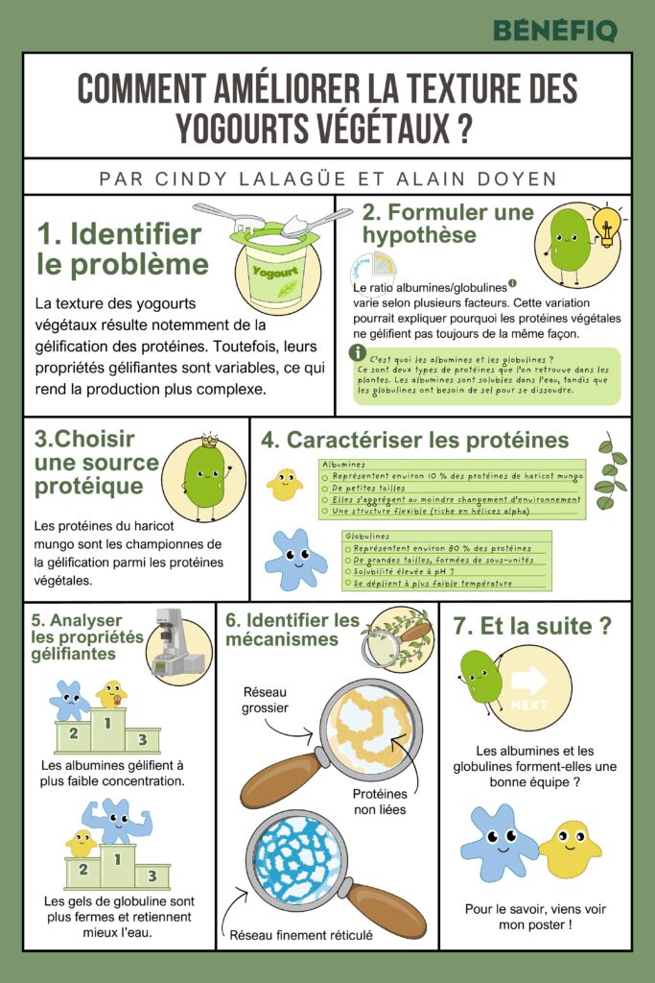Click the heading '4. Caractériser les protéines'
pos(414,441)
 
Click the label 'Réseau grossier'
pos(266,700)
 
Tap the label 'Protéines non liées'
pos(379,802)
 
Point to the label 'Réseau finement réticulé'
pos(300,934)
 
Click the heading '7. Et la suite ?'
pos(532,627)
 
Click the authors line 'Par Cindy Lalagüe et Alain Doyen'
pos(327,179)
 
